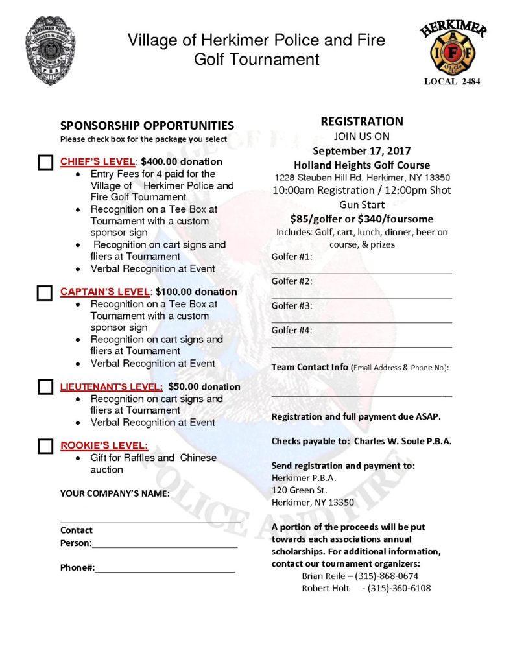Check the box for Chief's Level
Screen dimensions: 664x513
45,162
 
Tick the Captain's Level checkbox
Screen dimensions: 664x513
45,292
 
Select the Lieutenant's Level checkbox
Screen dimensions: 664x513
45,387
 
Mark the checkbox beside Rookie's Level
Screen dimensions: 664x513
45,446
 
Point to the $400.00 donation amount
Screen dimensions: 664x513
189,162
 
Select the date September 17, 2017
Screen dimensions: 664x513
362,151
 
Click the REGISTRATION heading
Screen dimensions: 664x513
362,121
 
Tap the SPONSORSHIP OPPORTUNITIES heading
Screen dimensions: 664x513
147,126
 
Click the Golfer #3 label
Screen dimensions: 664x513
292,305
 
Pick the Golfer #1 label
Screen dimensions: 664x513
292,257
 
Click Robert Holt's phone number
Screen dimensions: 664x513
399,588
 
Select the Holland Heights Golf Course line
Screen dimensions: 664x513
362,165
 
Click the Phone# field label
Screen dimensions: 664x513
77,567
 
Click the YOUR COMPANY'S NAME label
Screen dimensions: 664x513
115,493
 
